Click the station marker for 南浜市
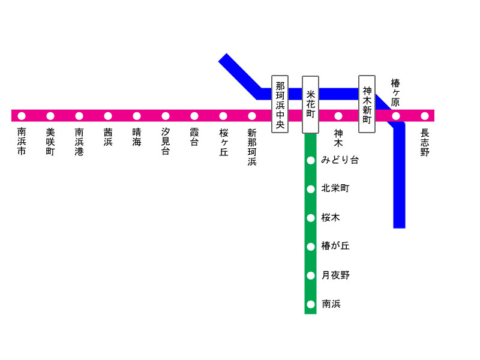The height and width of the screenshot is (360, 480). click(22, 116)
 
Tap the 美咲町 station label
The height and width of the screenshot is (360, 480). click(50, 142)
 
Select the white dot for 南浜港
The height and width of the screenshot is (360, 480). click(79, 116)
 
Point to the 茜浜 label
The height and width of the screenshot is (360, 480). click(108, 137)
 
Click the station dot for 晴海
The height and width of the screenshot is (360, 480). click(137, 116)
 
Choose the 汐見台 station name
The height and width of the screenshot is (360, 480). click(166, 142)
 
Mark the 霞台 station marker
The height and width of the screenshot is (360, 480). click(194, 116)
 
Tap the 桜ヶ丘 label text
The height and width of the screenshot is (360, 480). click(223, 142)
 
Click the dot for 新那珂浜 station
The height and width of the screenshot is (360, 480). click(252, 116)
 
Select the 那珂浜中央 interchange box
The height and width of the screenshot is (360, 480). click(280, 104)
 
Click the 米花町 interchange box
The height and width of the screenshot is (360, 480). click(310, 104)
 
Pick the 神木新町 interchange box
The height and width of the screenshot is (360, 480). click(367, 104)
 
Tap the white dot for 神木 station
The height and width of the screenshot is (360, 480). click(338, 116)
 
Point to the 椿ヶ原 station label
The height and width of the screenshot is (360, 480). click(395, 92)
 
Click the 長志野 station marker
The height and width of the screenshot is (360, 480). click(425, 116)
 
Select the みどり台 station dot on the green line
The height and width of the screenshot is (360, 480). click(310, 160)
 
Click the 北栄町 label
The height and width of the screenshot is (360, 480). click(335, 188)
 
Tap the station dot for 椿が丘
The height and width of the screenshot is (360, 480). click(310, 247)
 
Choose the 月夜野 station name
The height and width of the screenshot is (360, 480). click(335, 275)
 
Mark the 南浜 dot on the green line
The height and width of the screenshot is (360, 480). click(310, 304)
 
